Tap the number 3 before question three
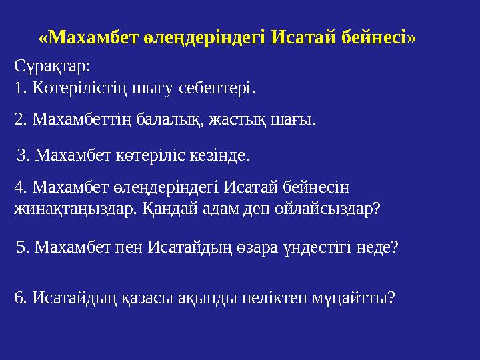(20, 156)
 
